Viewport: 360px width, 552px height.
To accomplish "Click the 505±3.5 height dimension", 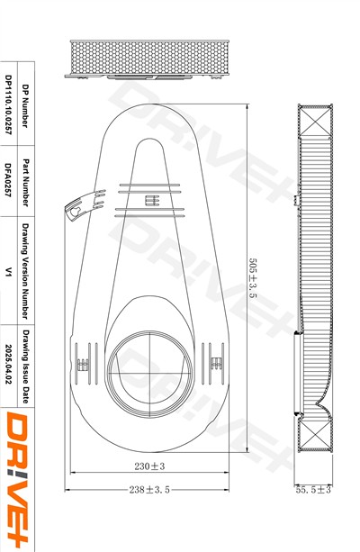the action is (x=253, y=278).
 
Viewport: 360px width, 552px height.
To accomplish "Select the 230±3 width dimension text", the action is (x=149, y=466).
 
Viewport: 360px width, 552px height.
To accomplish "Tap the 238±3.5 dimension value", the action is (x=149, y=489).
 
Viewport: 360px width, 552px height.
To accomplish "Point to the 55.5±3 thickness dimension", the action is (x=313, y=489).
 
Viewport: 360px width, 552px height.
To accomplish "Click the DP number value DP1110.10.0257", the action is (x=8, y=104).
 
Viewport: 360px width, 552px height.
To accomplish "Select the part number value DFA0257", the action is (x=8, y=180).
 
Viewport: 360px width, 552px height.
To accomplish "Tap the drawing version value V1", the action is (x=8, y=271).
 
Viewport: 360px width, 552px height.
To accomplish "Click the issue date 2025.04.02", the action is (x=8, y=364).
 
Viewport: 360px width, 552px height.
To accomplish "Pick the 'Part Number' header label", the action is (x=26, y=183).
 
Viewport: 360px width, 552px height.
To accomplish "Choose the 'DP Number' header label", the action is (x=26, y=105).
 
